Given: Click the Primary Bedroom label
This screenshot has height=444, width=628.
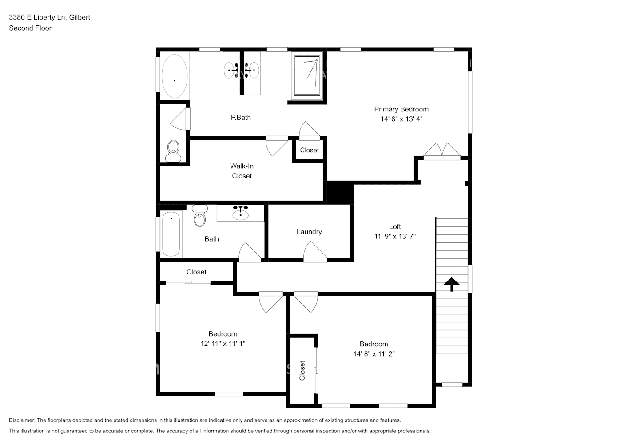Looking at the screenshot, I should coord(401,109).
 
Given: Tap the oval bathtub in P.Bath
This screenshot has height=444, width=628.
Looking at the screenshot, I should coord(174,76).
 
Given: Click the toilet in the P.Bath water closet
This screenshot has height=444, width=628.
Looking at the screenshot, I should coord(173,151).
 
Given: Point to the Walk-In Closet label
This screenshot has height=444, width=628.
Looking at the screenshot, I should coord(242,171).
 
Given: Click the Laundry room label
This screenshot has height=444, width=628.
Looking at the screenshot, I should coord(309,232).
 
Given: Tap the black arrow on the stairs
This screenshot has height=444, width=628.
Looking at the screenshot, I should coord(452,284).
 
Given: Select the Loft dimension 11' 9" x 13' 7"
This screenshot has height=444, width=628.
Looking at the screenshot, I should coord(395,237).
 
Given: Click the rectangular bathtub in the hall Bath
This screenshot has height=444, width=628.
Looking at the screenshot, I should coord(171,234).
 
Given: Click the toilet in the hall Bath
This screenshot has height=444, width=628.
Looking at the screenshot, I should coord(200,216).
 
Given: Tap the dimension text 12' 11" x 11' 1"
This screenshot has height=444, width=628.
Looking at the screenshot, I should coord(223,344).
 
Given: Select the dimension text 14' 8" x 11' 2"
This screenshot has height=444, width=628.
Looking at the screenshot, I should coord(374,354).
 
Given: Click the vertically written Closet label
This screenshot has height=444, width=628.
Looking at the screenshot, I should coord(302,370).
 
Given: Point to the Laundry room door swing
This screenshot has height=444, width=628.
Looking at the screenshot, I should coord(315,251).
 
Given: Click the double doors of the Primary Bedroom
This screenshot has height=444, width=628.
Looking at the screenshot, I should coord(442,151).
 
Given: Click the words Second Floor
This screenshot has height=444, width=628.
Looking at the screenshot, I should coord(30,28).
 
